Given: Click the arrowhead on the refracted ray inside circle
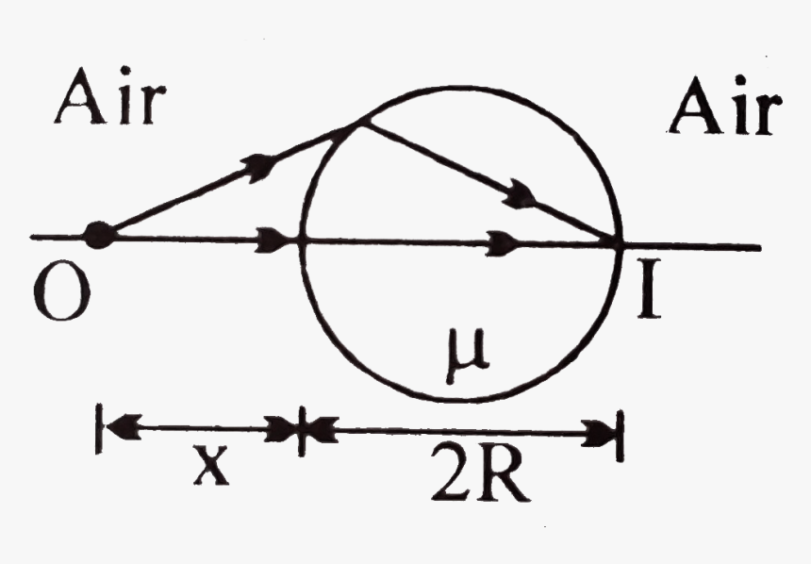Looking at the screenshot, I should (518, 197).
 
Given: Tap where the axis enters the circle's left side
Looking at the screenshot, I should (301, 240).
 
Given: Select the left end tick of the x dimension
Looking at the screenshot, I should (98, 431).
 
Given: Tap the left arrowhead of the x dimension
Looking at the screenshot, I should (117, 431).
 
